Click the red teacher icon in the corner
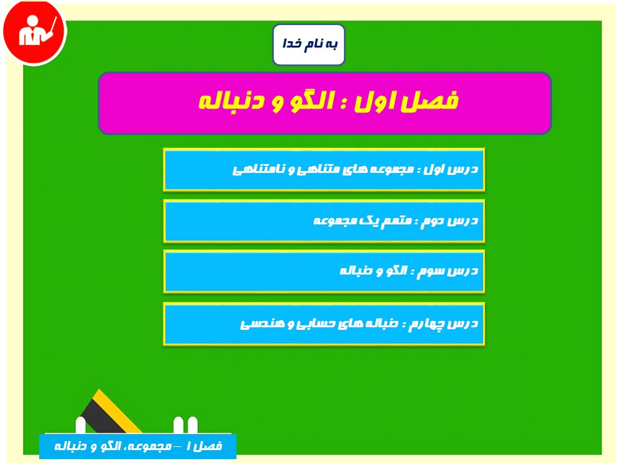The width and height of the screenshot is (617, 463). click(35, 32)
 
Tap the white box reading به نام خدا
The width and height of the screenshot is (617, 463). click(309, 44)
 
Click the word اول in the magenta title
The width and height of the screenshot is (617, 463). click(375, 102)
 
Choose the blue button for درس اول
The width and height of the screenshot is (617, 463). click(324, 170)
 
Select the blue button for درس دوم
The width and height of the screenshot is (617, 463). click(324, 221)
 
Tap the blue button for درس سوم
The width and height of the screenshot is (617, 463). click(324, 271)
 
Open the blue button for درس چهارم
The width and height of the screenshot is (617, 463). click(324, 324)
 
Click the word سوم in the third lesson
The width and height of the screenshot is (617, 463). click(431, 271)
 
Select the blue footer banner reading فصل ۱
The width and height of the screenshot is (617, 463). click(138, 446)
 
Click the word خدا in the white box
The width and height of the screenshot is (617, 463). click(292, 43)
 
